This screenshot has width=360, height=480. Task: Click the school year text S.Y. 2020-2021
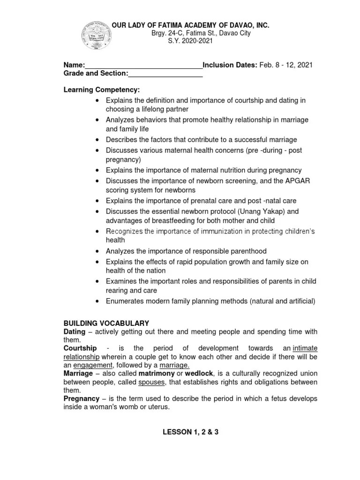(190, 41)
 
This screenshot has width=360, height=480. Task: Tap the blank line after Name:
(143, 65)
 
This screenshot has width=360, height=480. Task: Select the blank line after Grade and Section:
(165, 74)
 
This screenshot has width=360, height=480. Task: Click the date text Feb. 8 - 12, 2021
(286, 65)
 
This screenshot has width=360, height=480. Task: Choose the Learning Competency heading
(102, 89)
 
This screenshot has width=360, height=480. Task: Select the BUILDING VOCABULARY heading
(106, 323)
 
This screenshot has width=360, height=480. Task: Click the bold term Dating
(74, 332)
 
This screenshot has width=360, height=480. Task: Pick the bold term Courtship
(80, 348)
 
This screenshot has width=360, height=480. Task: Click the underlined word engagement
(93, 365)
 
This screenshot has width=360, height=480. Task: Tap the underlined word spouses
(152, 382)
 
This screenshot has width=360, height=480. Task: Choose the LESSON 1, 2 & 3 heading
(190, 432)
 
